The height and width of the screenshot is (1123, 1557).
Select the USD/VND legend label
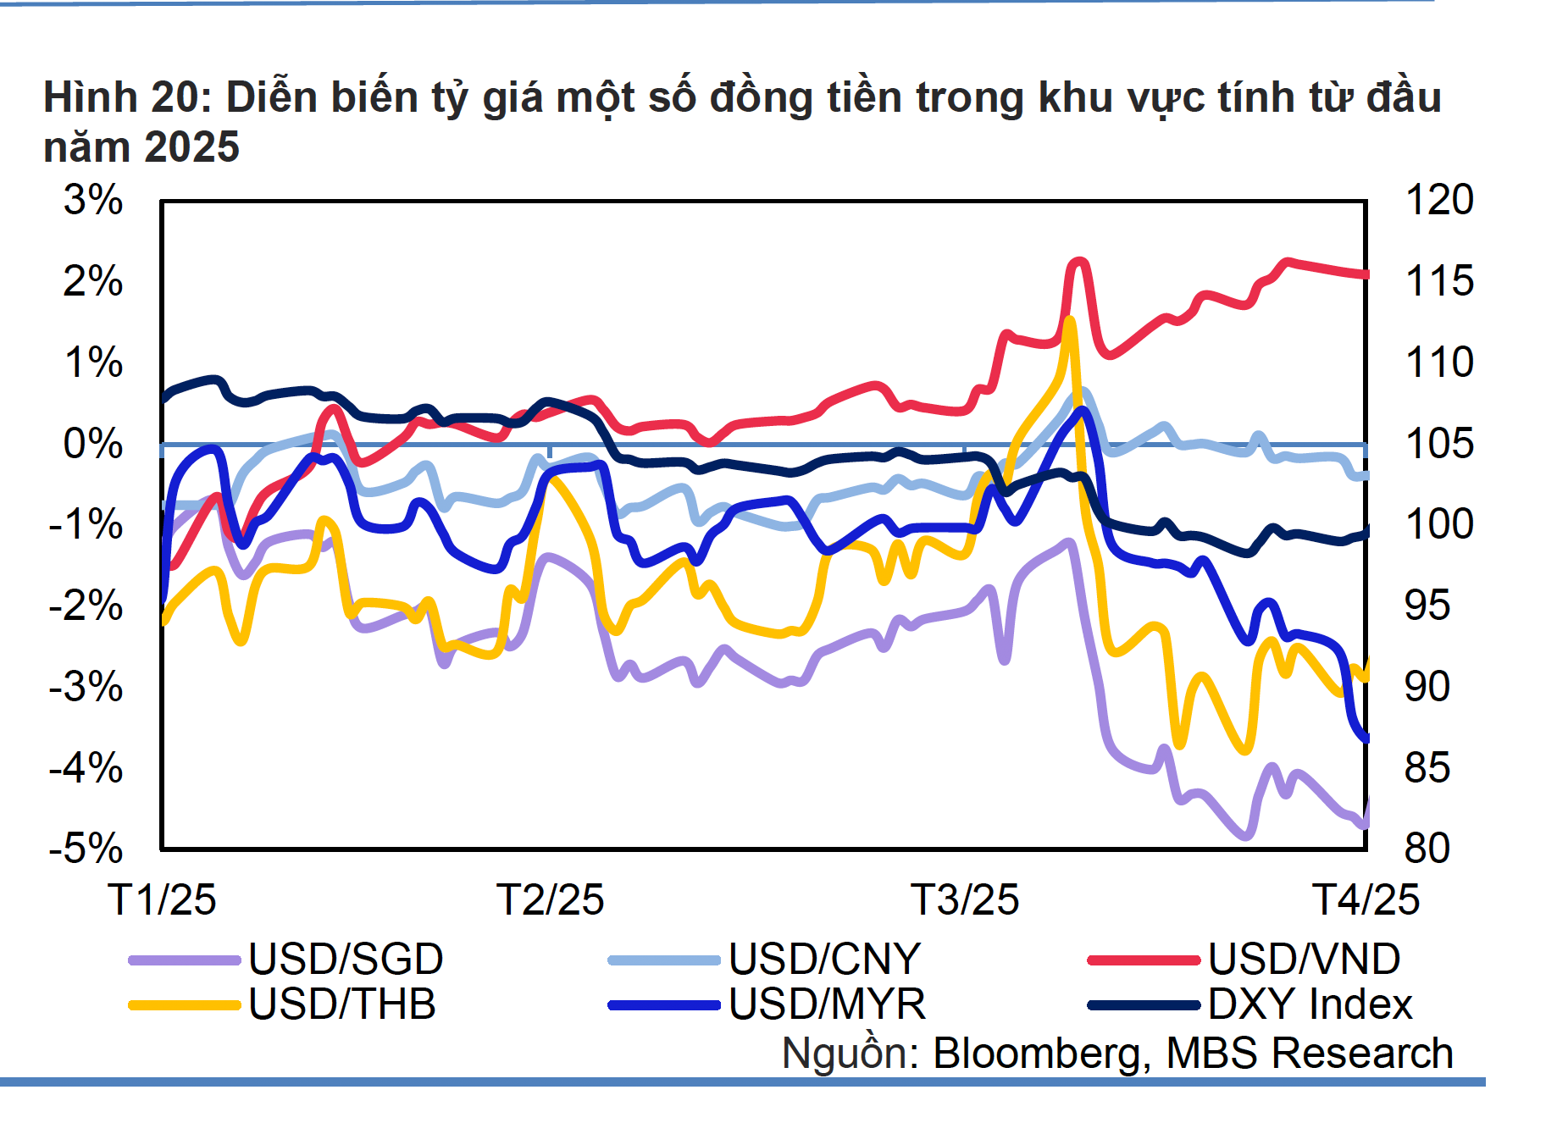tap(1304, 960)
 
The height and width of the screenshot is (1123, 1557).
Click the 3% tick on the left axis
tap(93, 201)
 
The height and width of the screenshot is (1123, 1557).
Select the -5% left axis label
tap(86, 848)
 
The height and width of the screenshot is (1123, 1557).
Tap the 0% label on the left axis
tap(93, 444)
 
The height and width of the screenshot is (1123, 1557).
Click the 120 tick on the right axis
tap(1439, 201)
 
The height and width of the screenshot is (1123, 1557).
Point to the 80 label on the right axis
tap(1427, 848)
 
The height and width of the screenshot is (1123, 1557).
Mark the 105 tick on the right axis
tap(1439, 444)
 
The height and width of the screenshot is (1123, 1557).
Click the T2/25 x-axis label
tap(550, 899)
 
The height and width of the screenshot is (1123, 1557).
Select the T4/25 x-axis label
tap(1366, 899)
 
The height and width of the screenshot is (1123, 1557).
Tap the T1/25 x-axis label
tap(162, 899)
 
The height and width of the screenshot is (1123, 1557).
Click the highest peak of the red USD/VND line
tap(1078, 263)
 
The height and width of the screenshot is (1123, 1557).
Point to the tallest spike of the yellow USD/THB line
tap(1070, 321)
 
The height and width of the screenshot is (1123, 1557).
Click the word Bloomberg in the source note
tap(1041, 1054)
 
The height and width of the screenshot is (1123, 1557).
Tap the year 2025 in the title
tap(192, 147)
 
